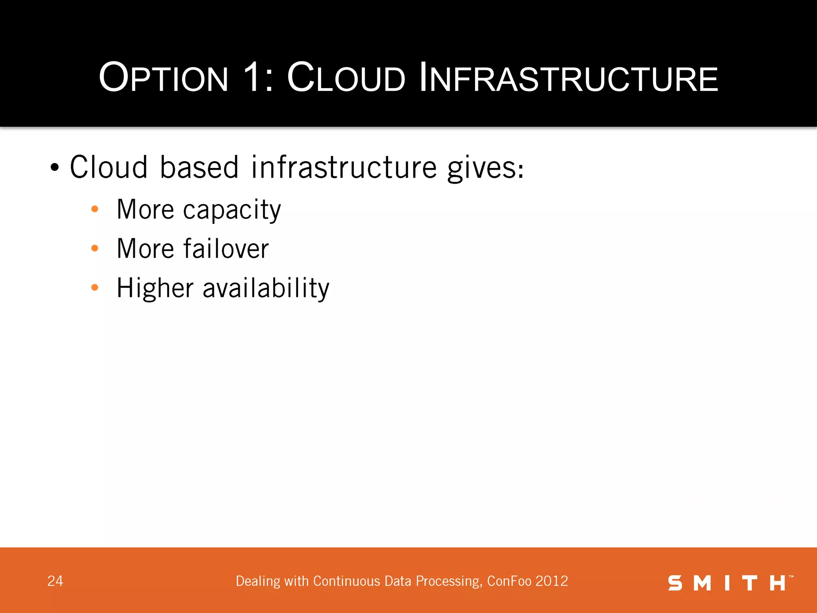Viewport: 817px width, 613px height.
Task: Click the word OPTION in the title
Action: point(164,78)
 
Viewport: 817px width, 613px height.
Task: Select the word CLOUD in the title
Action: point(346,78)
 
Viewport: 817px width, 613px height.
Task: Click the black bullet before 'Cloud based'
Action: point(55,168)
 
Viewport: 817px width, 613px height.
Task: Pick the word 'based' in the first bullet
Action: point(199,167)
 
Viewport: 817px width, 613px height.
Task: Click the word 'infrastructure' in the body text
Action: point(344,167)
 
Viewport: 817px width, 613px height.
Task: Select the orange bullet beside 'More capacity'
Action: point(95,209)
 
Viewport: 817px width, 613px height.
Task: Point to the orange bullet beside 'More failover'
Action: point(95,248)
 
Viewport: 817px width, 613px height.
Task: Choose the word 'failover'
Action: point(226,249)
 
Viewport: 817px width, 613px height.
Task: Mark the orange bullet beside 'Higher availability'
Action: point(95,287)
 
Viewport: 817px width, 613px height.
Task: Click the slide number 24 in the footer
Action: point(55,581)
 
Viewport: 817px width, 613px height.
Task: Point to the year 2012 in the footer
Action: point(552,581)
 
